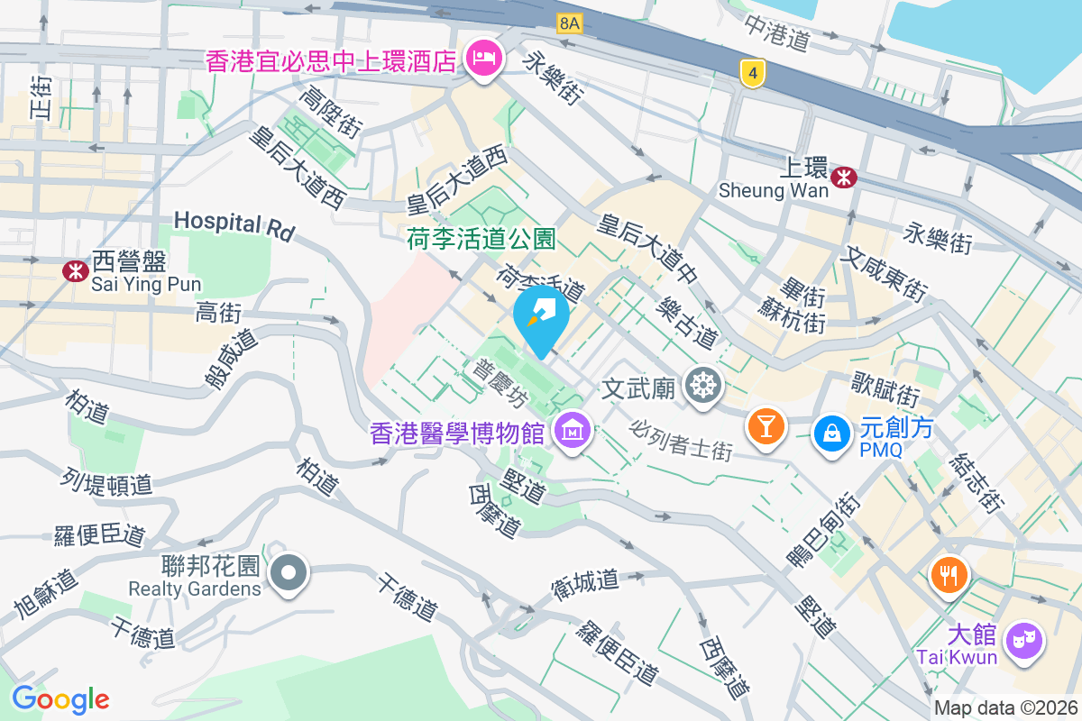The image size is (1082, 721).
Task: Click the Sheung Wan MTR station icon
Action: [x=844, y=177]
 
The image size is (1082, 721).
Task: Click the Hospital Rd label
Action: [x=234, y=224]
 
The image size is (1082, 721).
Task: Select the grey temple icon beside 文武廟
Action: [x=701, y=387]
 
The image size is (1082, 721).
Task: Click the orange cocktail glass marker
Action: [x=766, y=424]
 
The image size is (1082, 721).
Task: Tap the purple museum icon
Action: [x=572, y=432]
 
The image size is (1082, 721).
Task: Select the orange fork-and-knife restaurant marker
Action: [x=948, y=573]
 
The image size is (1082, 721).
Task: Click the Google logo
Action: [x=60, y=698]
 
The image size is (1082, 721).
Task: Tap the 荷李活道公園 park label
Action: [x=481, y=240]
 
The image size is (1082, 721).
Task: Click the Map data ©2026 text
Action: [x=1005, y=708]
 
